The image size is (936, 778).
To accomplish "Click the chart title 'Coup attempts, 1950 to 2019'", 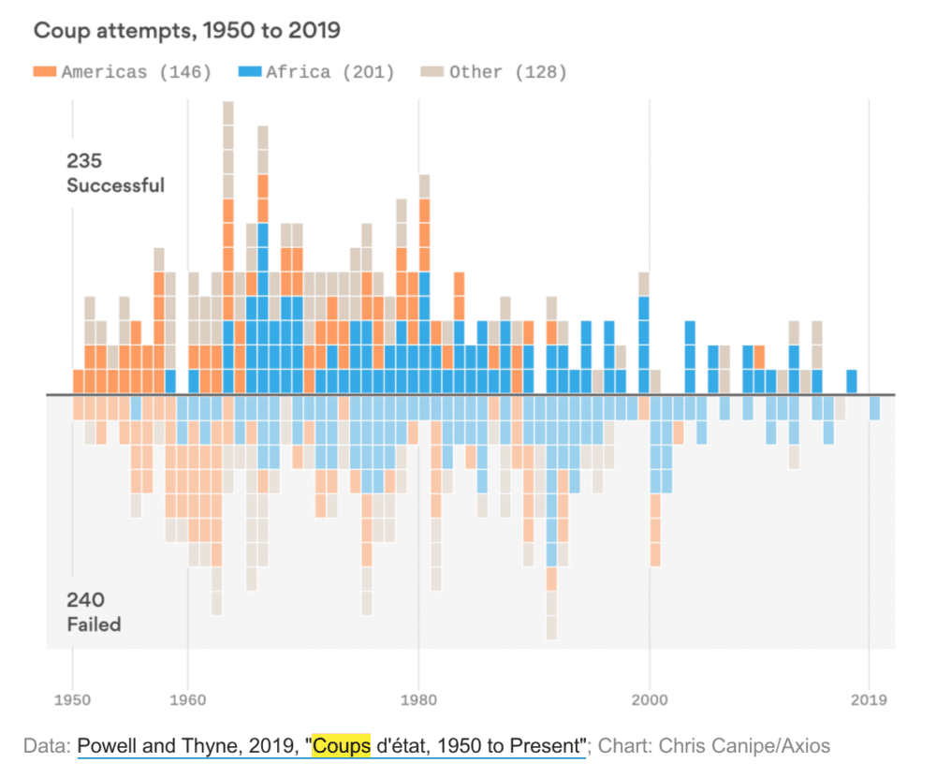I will tap(186, 31).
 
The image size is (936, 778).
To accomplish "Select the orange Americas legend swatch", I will tap(45, 71).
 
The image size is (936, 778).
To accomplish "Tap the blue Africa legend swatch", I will tap(250, 71).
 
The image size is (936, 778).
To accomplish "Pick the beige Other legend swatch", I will tap(432, 71).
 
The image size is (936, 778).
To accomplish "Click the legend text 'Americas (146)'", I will tap(137, 72).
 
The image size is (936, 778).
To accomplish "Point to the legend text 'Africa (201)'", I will tap(329, 72).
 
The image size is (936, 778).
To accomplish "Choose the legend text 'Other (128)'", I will tap(508, 72).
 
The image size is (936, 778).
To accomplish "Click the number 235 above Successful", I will tap(84, 161).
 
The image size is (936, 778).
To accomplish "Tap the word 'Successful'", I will tap(115, 185).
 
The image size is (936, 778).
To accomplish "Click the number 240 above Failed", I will tap(85, 599).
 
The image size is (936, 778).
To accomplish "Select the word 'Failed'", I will tap(94, 624).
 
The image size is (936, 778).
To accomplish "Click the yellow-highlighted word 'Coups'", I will tap(342, 746).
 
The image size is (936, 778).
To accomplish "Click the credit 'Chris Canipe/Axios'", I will tap(744, 746).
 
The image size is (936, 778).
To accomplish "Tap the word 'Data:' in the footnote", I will tap(48, 746).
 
